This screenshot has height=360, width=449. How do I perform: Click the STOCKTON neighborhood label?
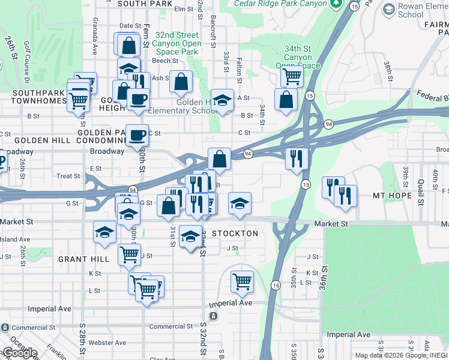235,233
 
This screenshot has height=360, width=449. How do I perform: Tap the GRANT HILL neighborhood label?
83,259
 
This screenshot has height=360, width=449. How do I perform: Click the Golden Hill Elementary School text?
182,106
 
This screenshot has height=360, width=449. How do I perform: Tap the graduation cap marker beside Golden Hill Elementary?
222,100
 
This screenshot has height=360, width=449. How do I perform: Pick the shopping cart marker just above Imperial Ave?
242,280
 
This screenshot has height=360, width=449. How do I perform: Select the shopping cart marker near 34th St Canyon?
291,76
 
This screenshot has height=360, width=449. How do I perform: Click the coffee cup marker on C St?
137,135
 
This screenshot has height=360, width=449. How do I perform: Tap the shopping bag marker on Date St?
128,45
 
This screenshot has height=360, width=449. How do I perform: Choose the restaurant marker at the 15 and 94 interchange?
297,158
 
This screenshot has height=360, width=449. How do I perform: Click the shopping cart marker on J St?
129,254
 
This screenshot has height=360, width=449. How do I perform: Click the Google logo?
19,353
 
